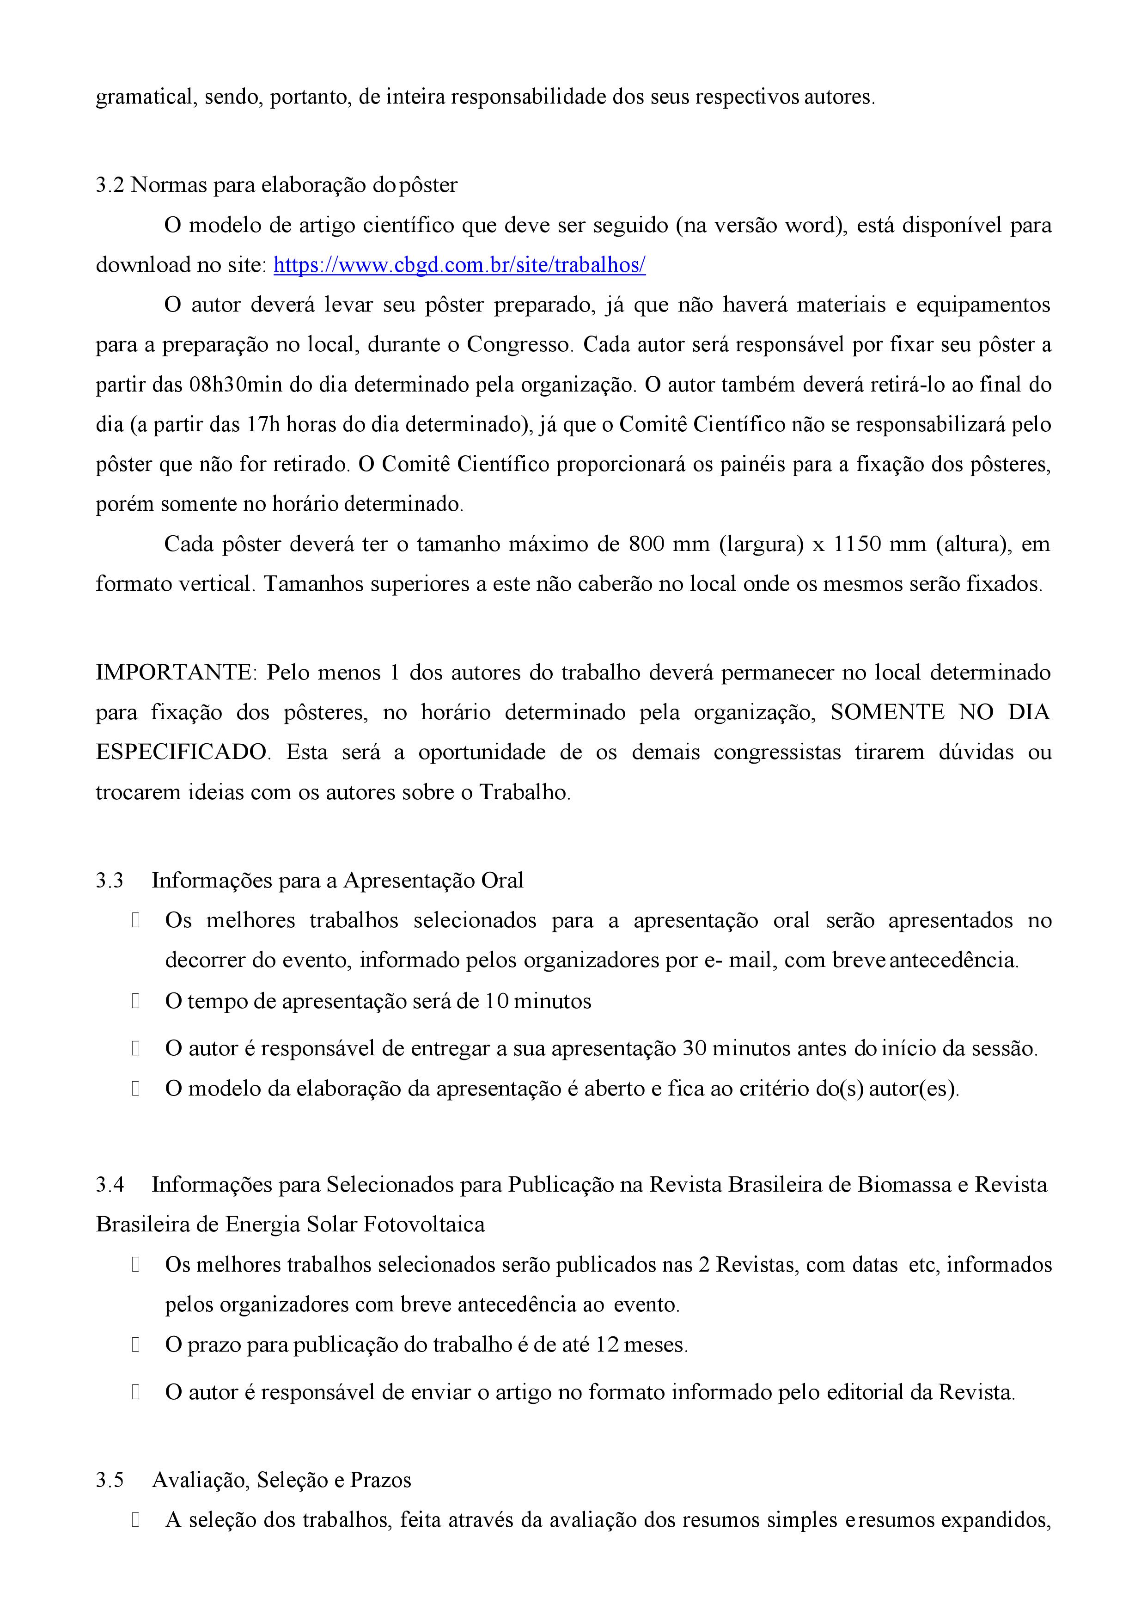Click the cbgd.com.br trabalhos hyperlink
pyautogui.click(x=459, y=265)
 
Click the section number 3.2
pyautogui.click(x=110, y=185)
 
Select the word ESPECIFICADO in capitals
pyautogui.click(x=182, y=752)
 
